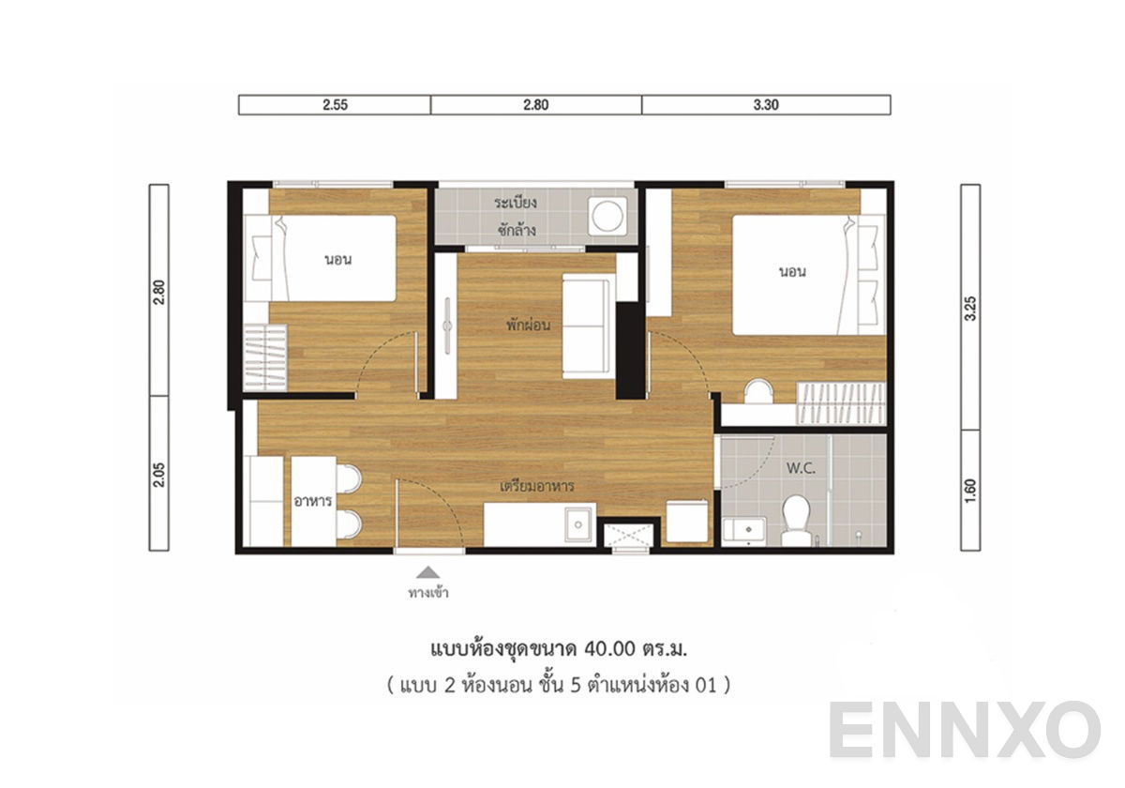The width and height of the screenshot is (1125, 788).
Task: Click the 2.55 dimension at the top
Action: click(335, 105)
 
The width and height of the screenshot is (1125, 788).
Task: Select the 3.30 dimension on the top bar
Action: click(766, 105)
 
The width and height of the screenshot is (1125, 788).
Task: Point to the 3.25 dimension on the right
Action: click(970, 311)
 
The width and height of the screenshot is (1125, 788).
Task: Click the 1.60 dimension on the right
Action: click(970, 491)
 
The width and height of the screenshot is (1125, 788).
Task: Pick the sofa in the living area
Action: click(588, 326)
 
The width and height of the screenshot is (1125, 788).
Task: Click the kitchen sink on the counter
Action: click(578, 523)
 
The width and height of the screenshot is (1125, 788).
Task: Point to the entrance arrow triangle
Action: click(427, 571)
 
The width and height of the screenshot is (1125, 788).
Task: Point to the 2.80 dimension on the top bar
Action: click(535, 105)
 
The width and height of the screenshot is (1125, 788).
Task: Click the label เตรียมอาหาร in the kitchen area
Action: click(537, 488)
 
